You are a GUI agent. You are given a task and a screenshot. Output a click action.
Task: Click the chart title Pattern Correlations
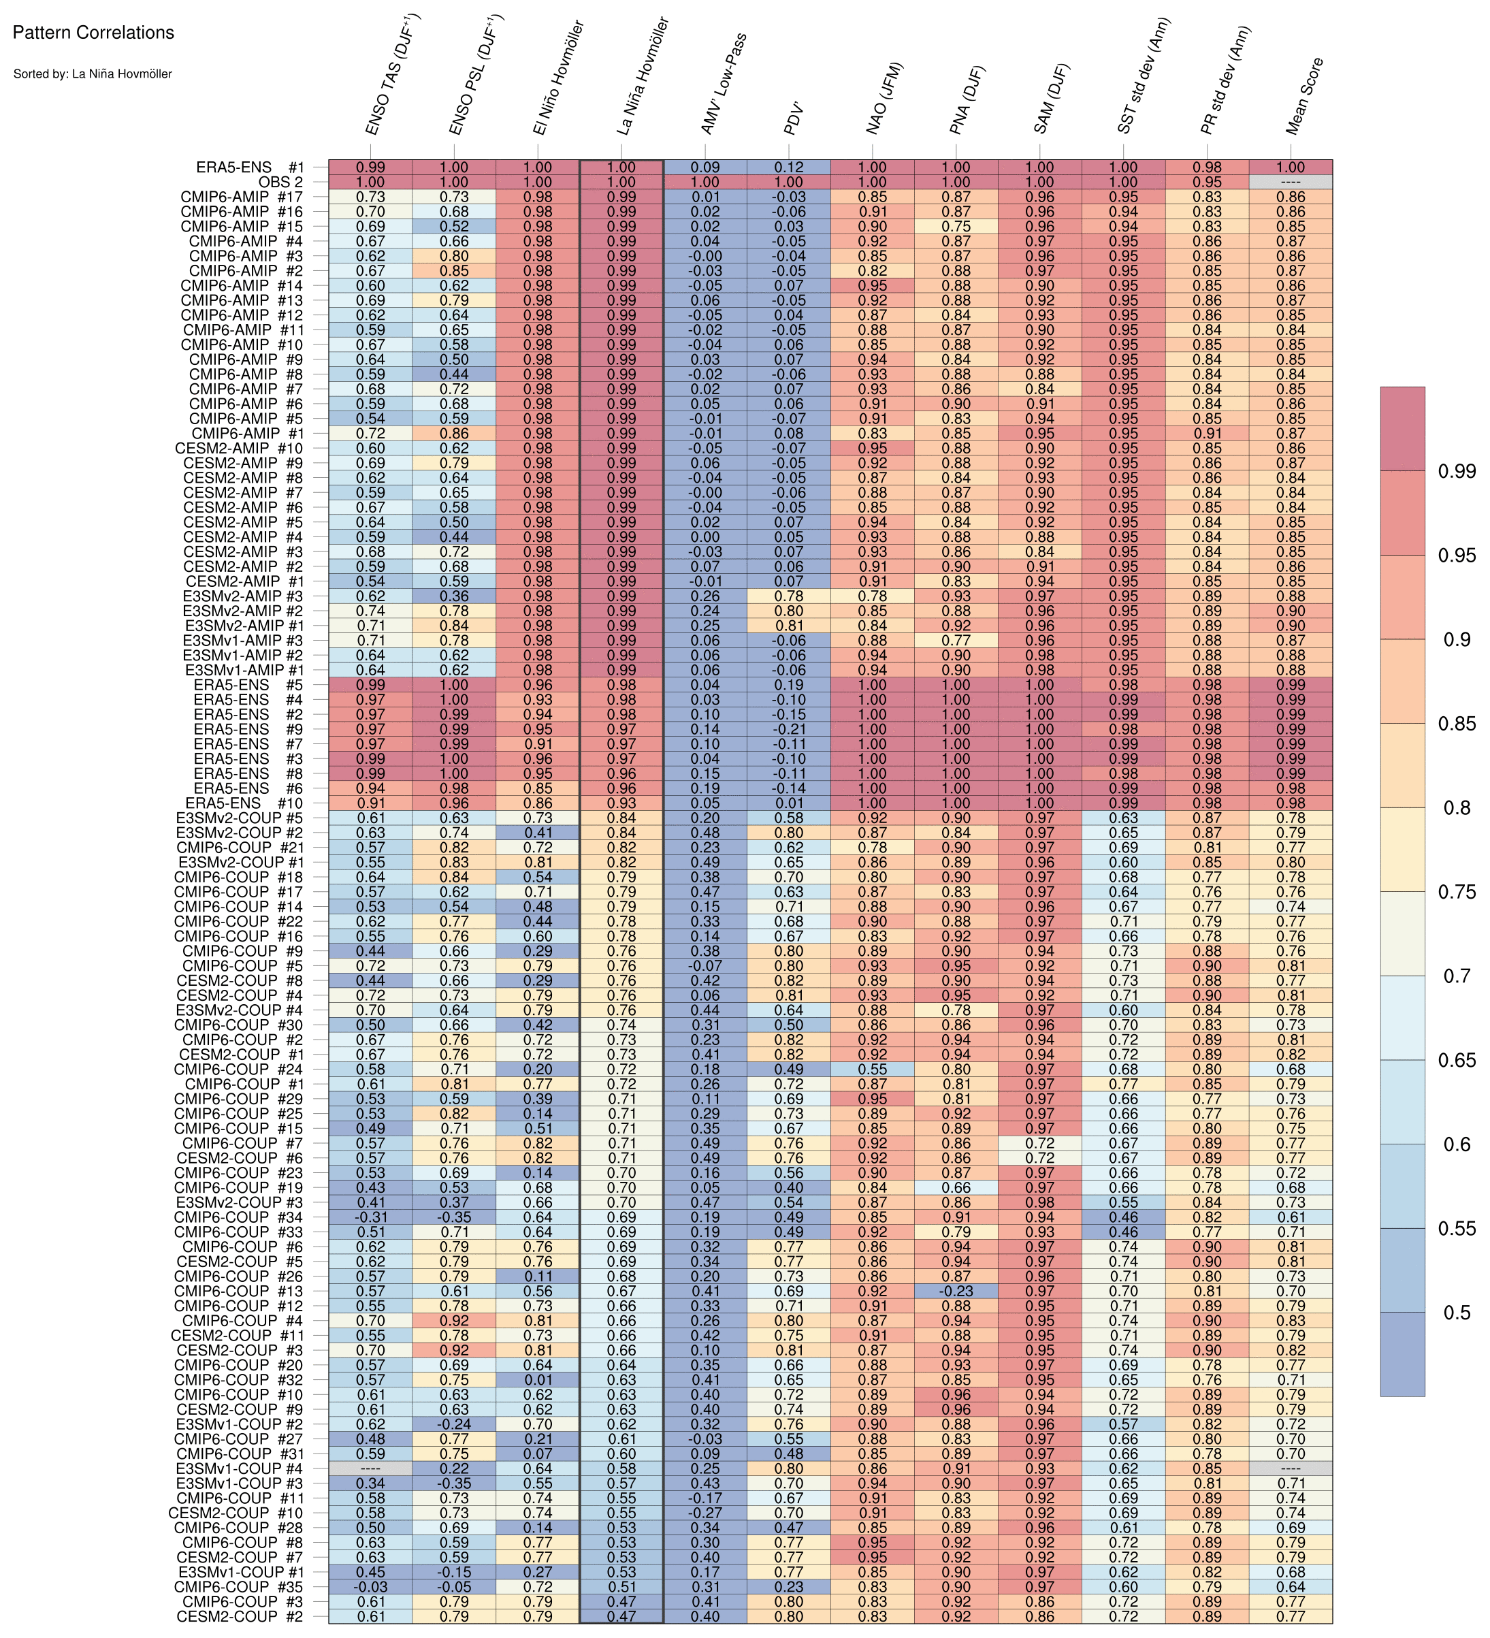[93, 33]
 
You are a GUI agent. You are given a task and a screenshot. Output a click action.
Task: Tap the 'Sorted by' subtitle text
[92, 74]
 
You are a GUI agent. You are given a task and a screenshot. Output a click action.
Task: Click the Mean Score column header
[1306, 96]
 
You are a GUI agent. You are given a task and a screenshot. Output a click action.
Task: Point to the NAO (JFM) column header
[886, 100]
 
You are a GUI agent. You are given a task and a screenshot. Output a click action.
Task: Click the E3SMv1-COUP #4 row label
[240, 1468]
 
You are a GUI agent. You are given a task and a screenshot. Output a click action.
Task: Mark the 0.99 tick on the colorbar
[1457, 471]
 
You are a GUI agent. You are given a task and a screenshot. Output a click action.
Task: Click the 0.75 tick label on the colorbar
[1457, 892]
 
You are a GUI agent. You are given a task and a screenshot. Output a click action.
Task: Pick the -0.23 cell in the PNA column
[956, 1291]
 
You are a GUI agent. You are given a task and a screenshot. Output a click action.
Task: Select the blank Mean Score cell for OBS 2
[1290, 182]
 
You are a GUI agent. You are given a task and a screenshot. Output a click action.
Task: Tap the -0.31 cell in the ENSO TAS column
[370, 1217]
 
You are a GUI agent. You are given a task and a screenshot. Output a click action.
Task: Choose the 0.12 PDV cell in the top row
[789, 167]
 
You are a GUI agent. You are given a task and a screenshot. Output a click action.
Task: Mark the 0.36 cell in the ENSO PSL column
[454, 596]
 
